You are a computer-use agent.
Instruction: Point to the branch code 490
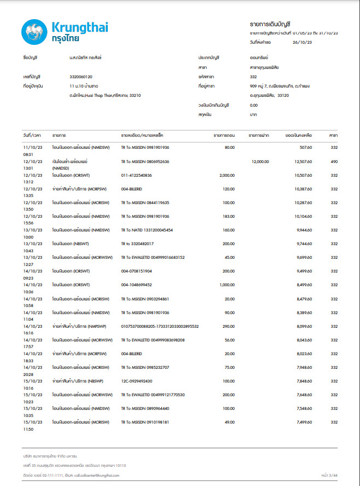tap(334, 161)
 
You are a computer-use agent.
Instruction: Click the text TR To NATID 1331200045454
tap(147, 230)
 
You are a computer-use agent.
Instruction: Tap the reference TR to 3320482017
tap(137, 244)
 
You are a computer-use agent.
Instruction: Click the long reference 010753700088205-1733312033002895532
tap(160, 326)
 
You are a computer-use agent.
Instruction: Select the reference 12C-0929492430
tap(137, 381)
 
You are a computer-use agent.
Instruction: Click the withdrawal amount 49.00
tap(229, 422)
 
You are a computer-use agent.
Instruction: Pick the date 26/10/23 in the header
tap(303, 42)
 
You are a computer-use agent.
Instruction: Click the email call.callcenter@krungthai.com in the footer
tap(94, 475)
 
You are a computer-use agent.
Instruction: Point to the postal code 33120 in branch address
tap(283, 95)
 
